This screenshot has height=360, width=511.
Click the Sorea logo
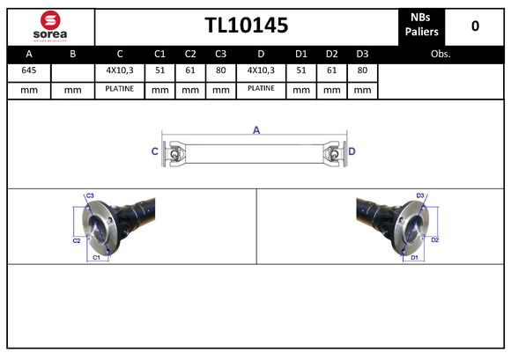point(50,26)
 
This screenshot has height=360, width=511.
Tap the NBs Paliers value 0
point(475,26)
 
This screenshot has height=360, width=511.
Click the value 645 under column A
point(28,70)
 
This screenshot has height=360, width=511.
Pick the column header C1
point(159,53)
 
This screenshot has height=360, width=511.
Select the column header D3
point(361,53)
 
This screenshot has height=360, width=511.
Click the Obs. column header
point(441,53)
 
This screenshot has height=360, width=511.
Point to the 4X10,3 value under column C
point(119,70)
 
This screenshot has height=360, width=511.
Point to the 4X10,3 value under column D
point(261,70)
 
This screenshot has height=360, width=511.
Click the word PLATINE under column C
point(119,89)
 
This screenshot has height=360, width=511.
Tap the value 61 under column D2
point(331,70)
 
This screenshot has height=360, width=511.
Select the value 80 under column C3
point(221,70)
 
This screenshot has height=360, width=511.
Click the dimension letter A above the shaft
point(256,130)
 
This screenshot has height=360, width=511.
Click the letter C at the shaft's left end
point(155,151)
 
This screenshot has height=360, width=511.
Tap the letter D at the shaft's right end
point(352,151)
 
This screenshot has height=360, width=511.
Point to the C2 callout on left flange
point(77,239)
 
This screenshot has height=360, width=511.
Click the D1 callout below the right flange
point(414,257)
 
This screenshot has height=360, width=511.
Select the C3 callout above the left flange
point(90,195)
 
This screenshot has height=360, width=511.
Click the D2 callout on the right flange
point(434,239)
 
